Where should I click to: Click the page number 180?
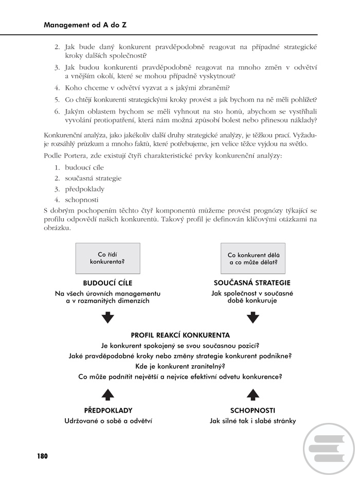[x=42, y=456]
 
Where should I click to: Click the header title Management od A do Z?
[x=85, y=24]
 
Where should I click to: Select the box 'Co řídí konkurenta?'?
[x=107, y=258]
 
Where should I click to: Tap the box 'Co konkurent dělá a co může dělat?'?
[x=253, y=258]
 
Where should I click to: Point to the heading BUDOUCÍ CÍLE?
[x=107, y=282]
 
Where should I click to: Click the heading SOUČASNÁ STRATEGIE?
[x=252, y=282]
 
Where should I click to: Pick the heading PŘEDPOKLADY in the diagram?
[x=108, y=411]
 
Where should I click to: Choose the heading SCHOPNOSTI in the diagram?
[x=253, y=411]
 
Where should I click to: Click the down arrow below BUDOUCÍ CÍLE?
[x=107, y=317]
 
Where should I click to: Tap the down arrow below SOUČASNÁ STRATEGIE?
[x=253, y=317]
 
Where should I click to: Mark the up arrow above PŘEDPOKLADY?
[x=107, y=395]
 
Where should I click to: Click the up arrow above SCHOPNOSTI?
[x=253, y=395]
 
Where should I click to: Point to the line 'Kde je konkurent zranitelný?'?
[x=180, y=366]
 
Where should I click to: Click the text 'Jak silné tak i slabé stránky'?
[x=253, y=421]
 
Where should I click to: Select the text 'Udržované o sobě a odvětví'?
[x=107, y=421]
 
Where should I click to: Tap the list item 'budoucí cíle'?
[x=84, y=167]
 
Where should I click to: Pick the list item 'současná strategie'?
[x=93, y=178]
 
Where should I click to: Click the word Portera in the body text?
[x=75, y=156]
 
